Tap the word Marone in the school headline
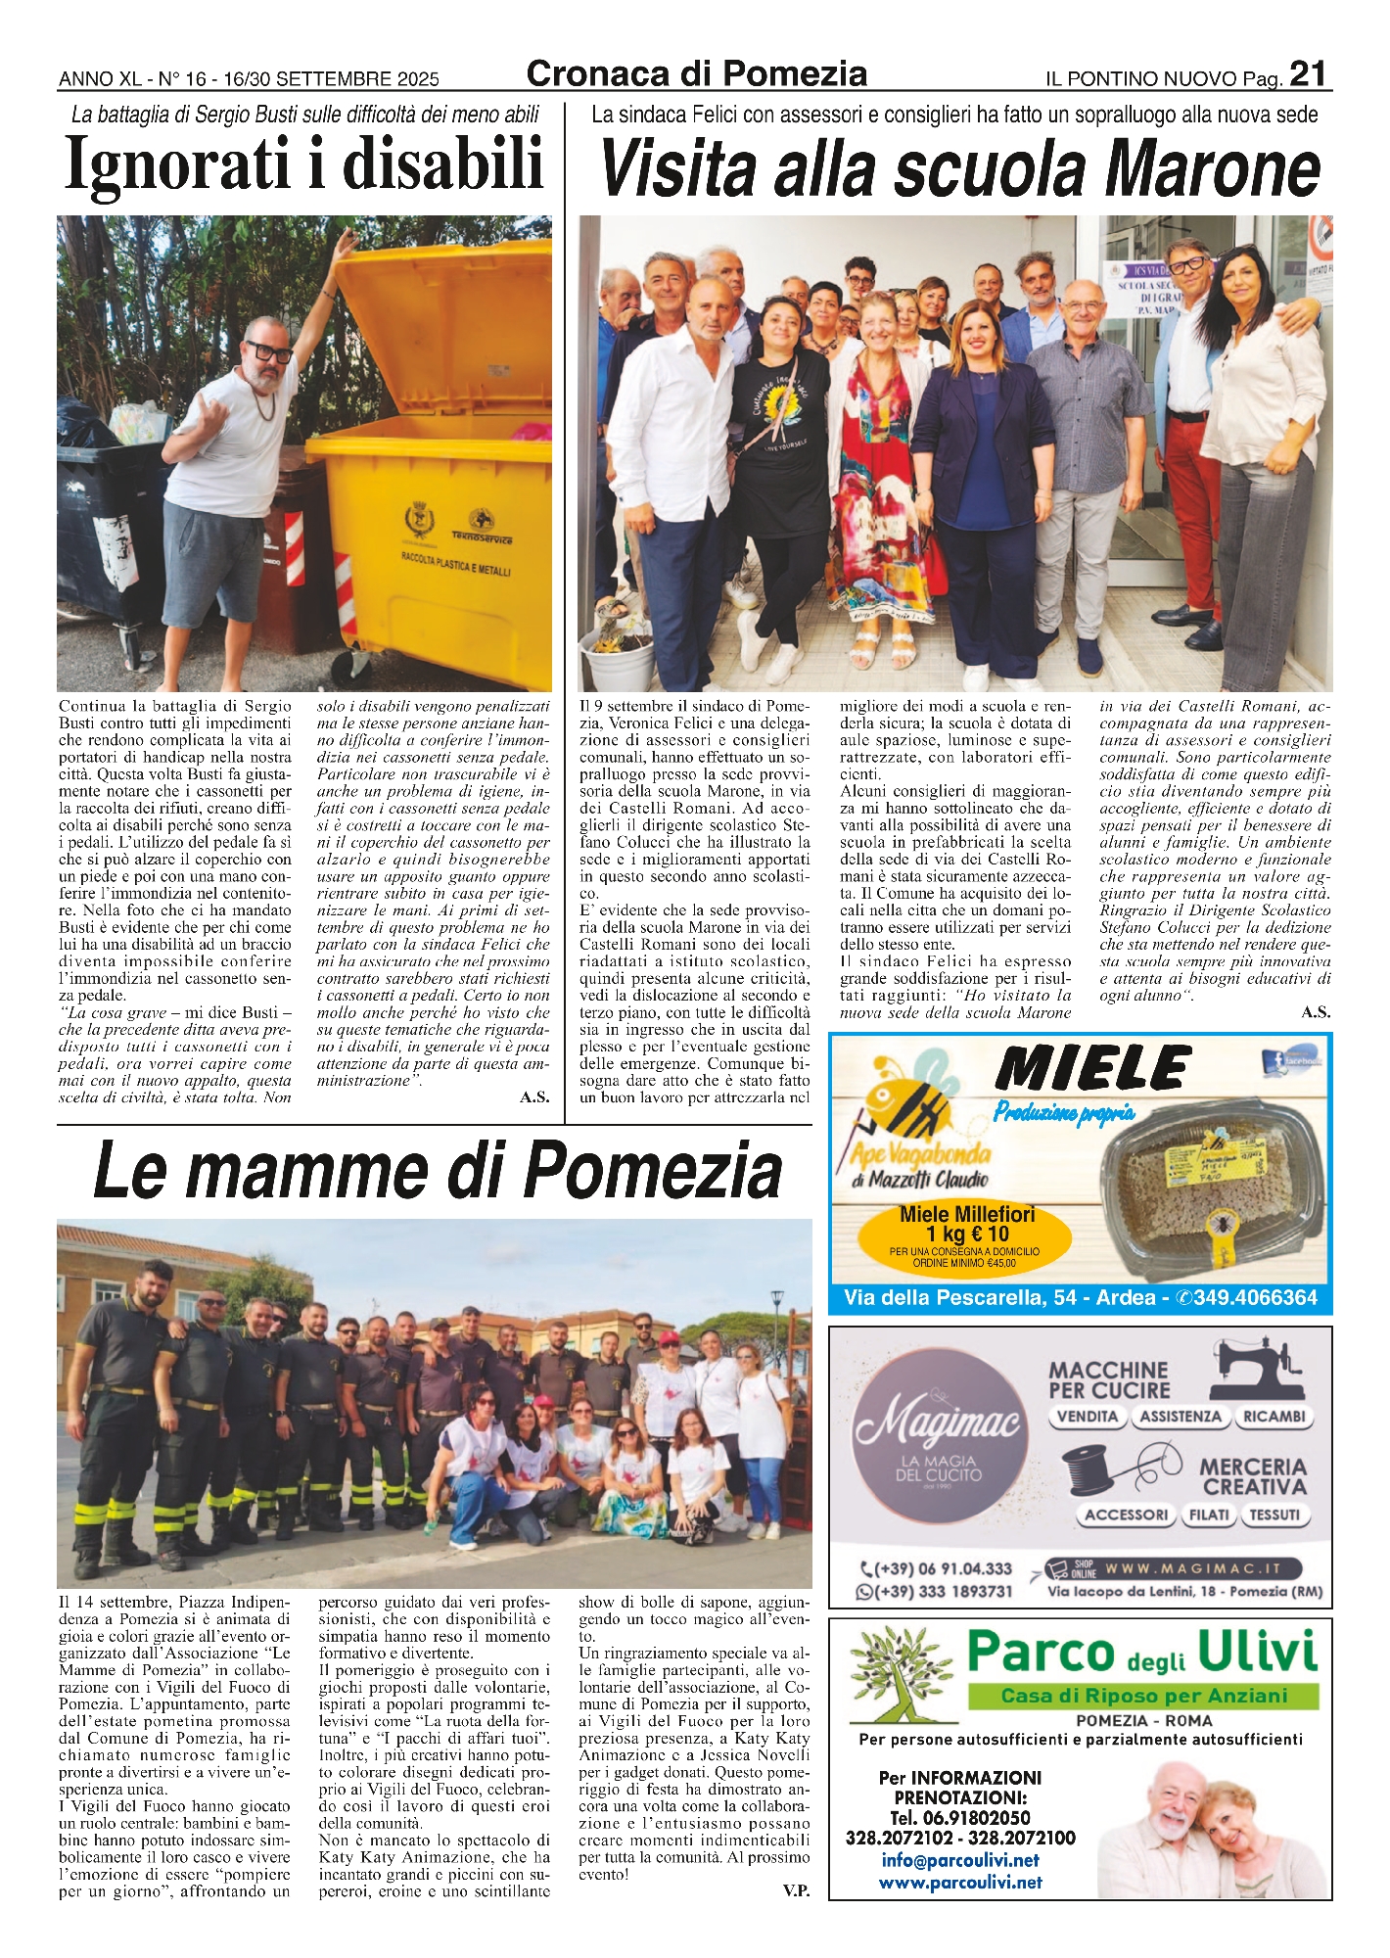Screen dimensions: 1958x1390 (x=1213, y=169)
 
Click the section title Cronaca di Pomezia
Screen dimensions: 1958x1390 (x=696, y=74)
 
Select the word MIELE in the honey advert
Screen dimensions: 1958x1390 (x=1092, y=1068)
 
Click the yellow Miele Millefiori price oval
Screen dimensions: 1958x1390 (x=964, y=1238)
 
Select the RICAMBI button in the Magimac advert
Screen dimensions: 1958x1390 (x=1274, y=1417)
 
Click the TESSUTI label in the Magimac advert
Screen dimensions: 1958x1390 (x=1274, y=1515)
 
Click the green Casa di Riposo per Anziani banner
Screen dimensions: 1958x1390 (x=1142, y=1697)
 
